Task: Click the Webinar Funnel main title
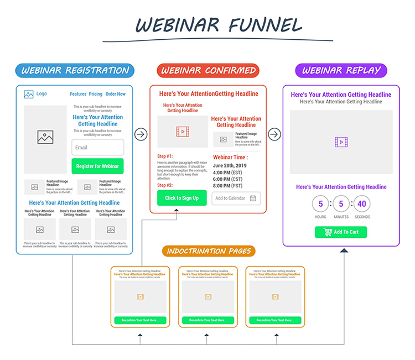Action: (x=219, y=25)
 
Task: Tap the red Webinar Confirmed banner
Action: (x=208, y=70)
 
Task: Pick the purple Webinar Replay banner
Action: (x=341, y=70)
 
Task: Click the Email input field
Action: (x=97, y=148)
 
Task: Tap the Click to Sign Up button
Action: (x=181, y=198)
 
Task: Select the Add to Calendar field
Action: (x=236, y=198)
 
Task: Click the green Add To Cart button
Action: (x=341, y=232)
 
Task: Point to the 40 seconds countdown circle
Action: (x=361, y=204)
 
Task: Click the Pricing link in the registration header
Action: (x=96, y=94)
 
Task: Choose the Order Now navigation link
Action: (x=116, y=94)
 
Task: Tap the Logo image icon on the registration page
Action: (x=29, y=94)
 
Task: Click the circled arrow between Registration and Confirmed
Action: (x=141, y=134)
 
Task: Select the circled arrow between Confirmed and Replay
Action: (x=274, y=134)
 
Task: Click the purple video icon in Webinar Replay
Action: (x=341, y=142)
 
